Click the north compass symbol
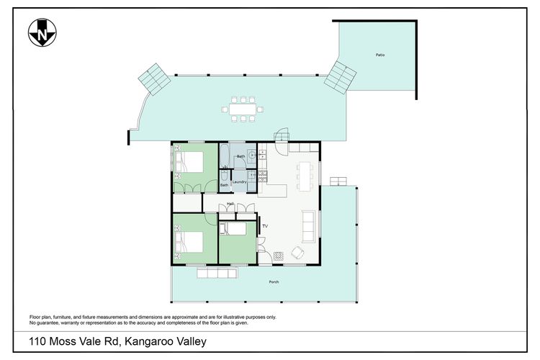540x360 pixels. (x=42, y=33)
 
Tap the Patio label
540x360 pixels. (x=379, y=55)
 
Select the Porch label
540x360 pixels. (x=273, y=282)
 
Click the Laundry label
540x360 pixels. (x=240, y=181)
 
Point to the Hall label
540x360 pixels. (x=230, y=204)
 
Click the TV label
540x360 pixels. (x=265, y=227)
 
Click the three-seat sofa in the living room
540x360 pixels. (x=308, y=226)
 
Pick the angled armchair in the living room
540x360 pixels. (x=297, y=252)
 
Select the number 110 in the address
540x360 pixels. (x=37, y=342)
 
